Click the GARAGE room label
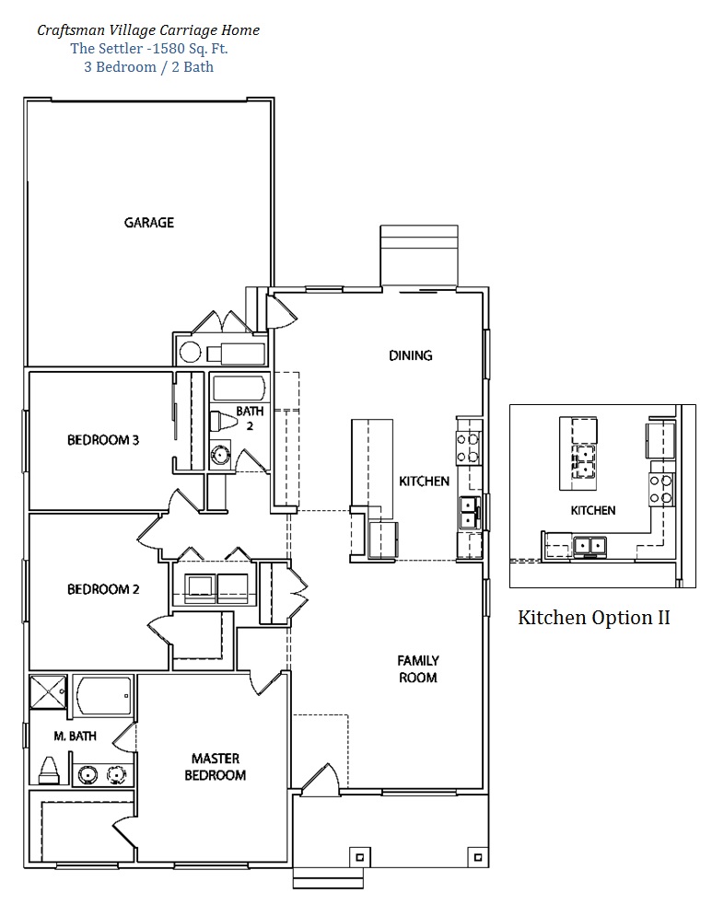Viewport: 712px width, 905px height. coord(149,222)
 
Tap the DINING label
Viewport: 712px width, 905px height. coord(411,355)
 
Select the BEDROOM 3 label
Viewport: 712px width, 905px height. coord(103,440)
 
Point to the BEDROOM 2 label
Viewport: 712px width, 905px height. coord(103,589)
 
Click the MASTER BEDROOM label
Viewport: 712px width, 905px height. coord(216,767)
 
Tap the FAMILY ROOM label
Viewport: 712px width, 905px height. coord(418,669)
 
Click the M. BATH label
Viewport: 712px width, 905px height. coord(76,736)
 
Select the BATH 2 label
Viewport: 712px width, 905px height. coord(250,418)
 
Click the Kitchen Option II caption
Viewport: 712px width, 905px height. coord(593,618)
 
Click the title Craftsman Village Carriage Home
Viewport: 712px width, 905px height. coord(148,30)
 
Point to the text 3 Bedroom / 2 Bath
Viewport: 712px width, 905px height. coord(149,67)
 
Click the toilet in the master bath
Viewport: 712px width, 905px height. coord(48,772)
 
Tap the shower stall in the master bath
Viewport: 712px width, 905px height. coord(48,690)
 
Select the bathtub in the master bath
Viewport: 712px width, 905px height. coord(103,695)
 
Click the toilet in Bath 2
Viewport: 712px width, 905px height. coord(222,422)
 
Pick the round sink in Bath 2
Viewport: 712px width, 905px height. coord(219,456)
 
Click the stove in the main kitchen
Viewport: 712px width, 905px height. coord(468,448)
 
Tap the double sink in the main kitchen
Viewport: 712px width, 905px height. coord(469,513)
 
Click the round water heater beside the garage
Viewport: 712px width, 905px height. coord(190,352)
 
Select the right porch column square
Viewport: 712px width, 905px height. coord(477,857)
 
